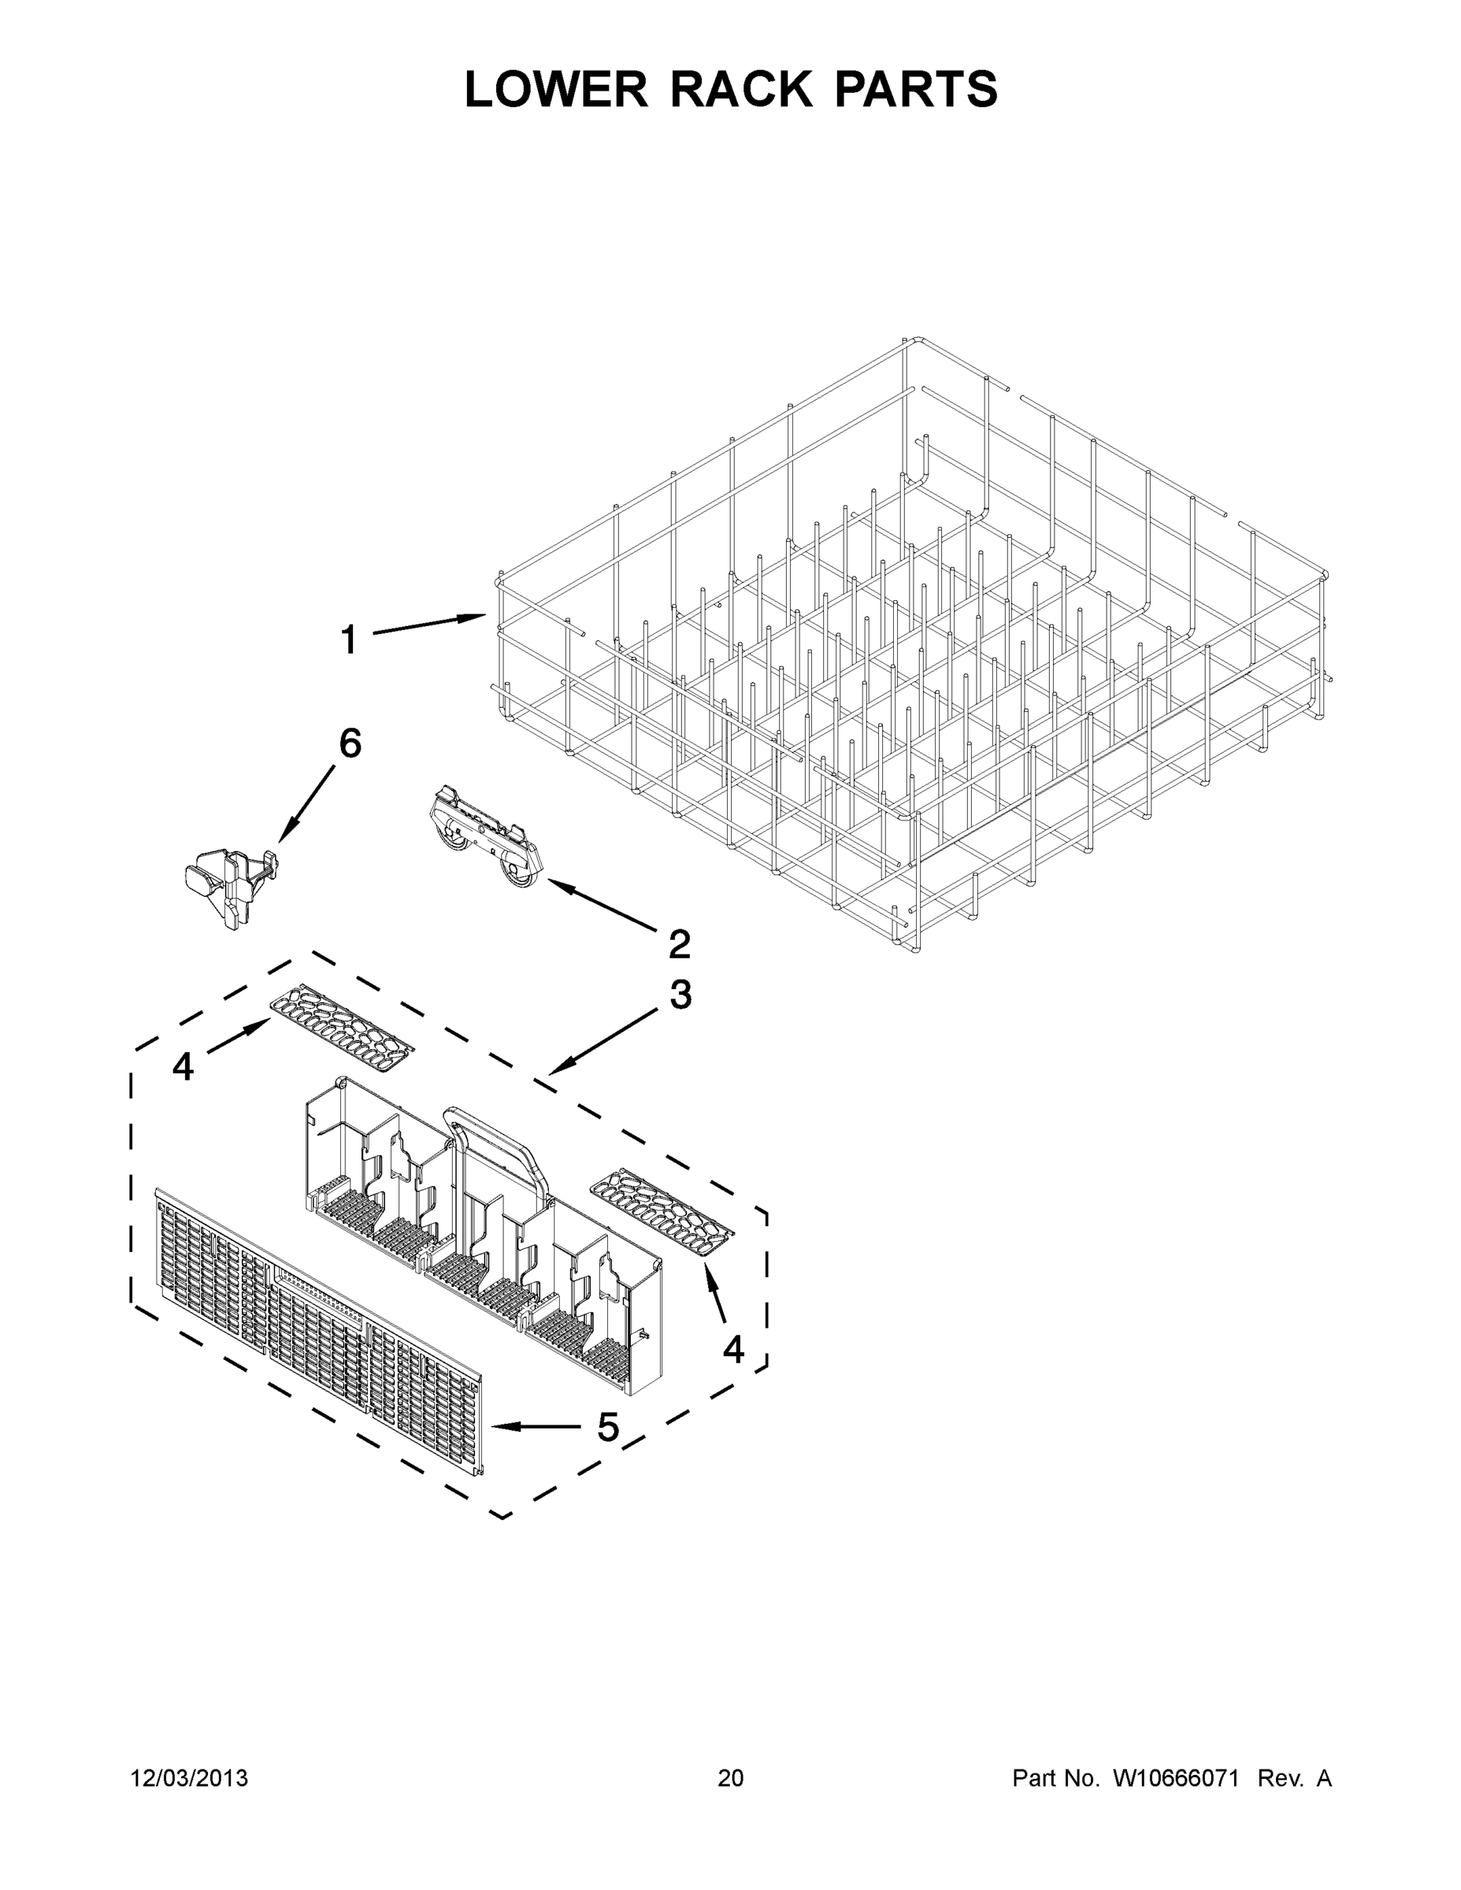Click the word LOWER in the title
click(x=556, y=89)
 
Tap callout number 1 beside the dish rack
click(x=348, y=641)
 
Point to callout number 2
click(x=680, y=944)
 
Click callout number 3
click(x=680, y=995)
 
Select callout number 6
click(x=350, y=743)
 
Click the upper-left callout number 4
click(x=183, y=1067)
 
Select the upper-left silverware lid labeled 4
click(x=343, y=1028)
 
